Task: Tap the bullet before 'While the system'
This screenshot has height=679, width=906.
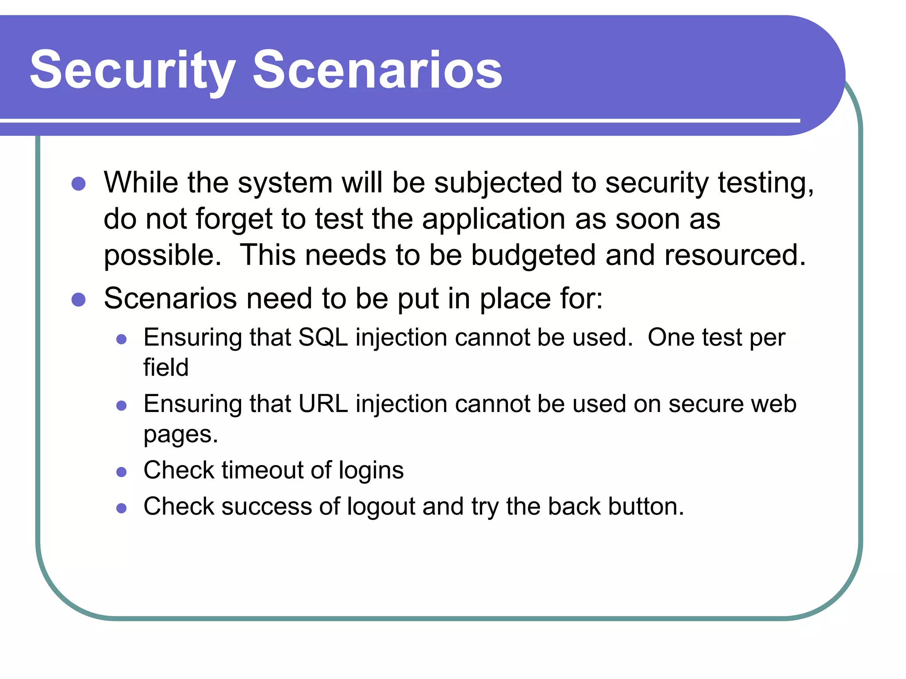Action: [78, 183]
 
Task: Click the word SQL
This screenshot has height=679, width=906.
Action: [323, 338]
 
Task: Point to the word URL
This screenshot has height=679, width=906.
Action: [323, 404]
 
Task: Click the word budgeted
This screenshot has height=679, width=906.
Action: [533, 256]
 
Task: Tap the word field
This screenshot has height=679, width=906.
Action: [166, 367]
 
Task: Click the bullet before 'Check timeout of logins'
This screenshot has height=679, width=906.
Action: [122, 472]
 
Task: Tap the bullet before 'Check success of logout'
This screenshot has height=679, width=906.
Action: [122, 508]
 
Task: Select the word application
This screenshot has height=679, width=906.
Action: [494, 220]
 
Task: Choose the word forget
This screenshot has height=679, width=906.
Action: [234, 220]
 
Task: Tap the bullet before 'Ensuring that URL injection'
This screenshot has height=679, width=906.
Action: [122, 406]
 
